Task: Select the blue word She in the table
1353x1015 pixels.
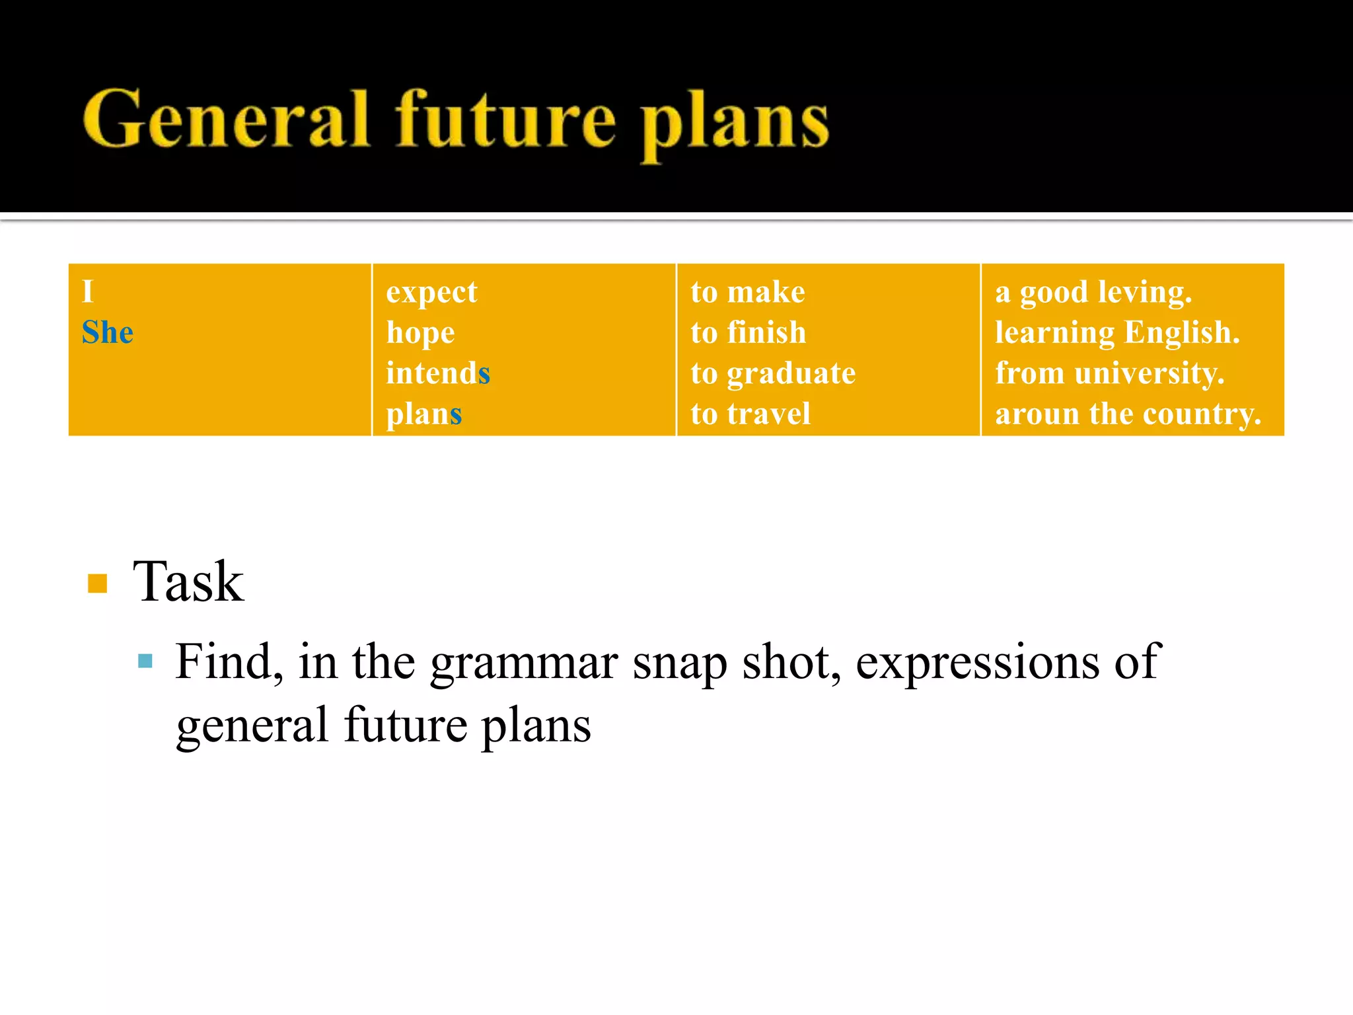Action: coord(108,332)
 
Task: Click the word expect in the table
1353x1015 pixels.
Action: coord(431,292)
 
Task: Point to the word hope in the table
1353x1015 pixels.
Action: coord(420,333)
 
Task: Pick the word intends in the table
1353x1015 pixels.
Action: coord(438,373)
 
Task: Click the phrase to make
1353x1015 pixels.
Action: coord(748,292)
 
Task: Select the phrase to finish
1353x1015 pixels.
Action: coord(749,332)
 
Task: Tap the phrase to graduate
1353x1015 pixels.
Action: coord(773,373)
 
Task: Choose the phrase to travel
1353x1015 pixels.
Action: coord(750,414)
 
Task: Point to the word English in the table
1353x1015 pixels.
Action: coord(1182,332)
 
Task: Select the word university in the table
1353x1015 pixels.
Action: coord(1150,373)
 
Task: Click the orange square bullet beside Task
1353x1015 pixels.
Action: coord(97,583)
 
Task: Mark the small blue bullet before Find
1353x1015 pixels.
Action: coord(145,661)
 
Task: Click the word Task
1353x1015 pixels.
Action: coord(188,582)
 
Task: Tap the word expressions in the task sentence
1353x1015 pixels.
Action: coord(977,662)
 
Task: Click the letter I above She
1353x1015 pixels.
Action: coord(88,292)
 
